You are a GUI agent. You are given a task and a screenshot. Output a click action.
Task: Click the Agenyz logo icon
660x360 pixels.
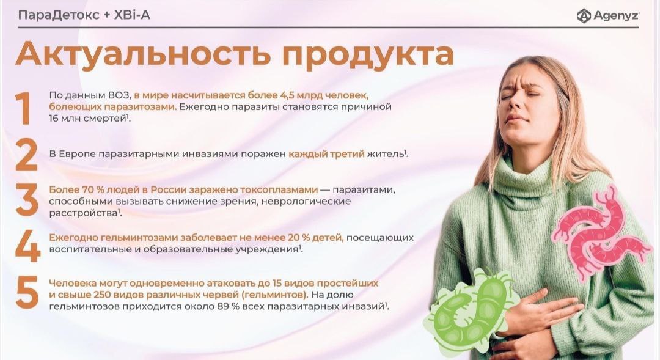click(x=584, y=15)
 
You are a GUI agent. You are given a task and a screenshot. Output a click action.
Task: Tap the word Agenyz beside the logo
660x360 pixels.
click(x=616, y=15)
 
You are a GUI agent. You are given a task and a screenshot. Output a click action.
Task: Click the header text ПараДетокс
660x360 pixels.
click(x=59, y=15)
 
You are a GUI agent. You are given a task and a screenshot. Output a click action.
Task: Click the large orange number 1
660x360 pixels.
click(x=23, y=108)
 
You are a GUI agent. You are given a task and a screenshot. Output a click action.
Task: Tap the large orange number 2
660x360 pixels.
click(x=26, y=155)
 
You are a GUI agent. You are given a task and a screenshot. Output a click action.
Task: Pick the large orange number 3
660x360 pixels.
click(x=26, y=202)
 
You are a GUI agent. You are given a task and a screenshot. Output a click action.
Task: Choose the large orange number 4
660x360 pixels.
click(x=28, y=246)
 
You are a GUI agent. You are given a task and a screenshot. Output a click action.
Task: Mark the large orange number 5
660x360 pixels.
click(x=27, y=292)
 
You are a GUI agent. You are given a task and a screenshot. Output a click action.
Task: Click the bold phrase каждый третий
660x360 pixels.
click(x=326, y=154)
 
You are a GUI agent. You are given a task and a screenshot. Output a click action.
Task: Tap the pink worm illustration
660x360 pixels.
click(x=598, y=233)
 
